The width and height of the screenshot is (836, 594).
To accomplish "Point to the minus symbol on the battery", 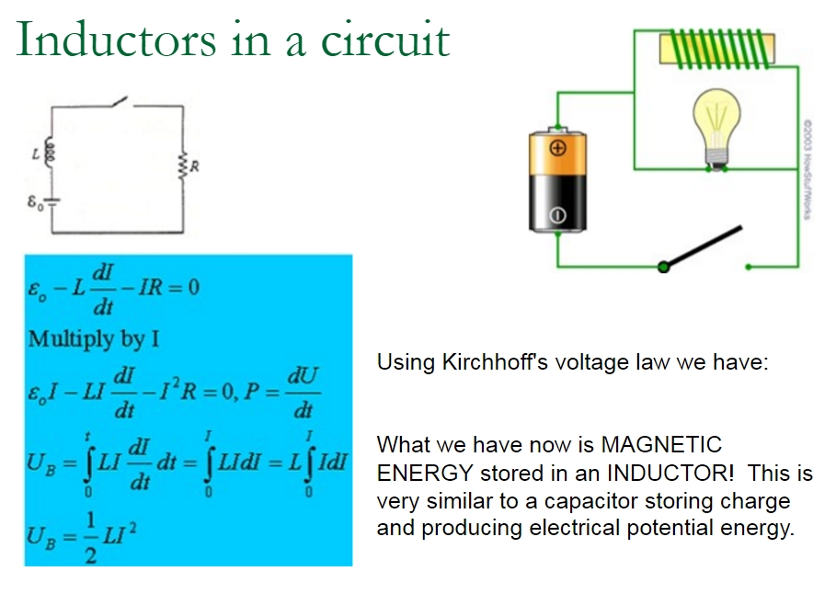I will coord(556,217).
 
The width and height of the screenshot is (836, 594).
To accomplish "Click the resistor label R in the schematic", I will coord(195,166).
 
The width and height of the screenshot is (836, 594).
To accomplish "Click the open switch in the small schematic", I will coord(120,100).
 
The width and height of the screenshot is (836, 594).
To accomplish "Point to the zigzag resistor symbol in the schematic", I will coord(182,166).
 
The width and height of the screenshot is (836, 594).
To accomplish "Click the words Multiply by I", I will coord(94,338).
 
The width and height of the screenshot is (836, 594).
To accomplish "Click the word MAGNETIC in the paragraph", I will coord(661,445).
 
